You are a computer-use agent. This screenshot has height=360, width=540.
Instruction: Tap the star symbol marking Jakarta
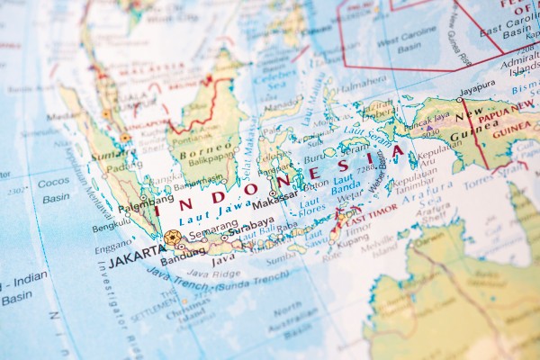[x=172, y=238]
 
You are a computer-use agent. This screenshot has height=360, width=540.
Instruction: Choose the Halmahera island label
[x=363, y=80]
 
